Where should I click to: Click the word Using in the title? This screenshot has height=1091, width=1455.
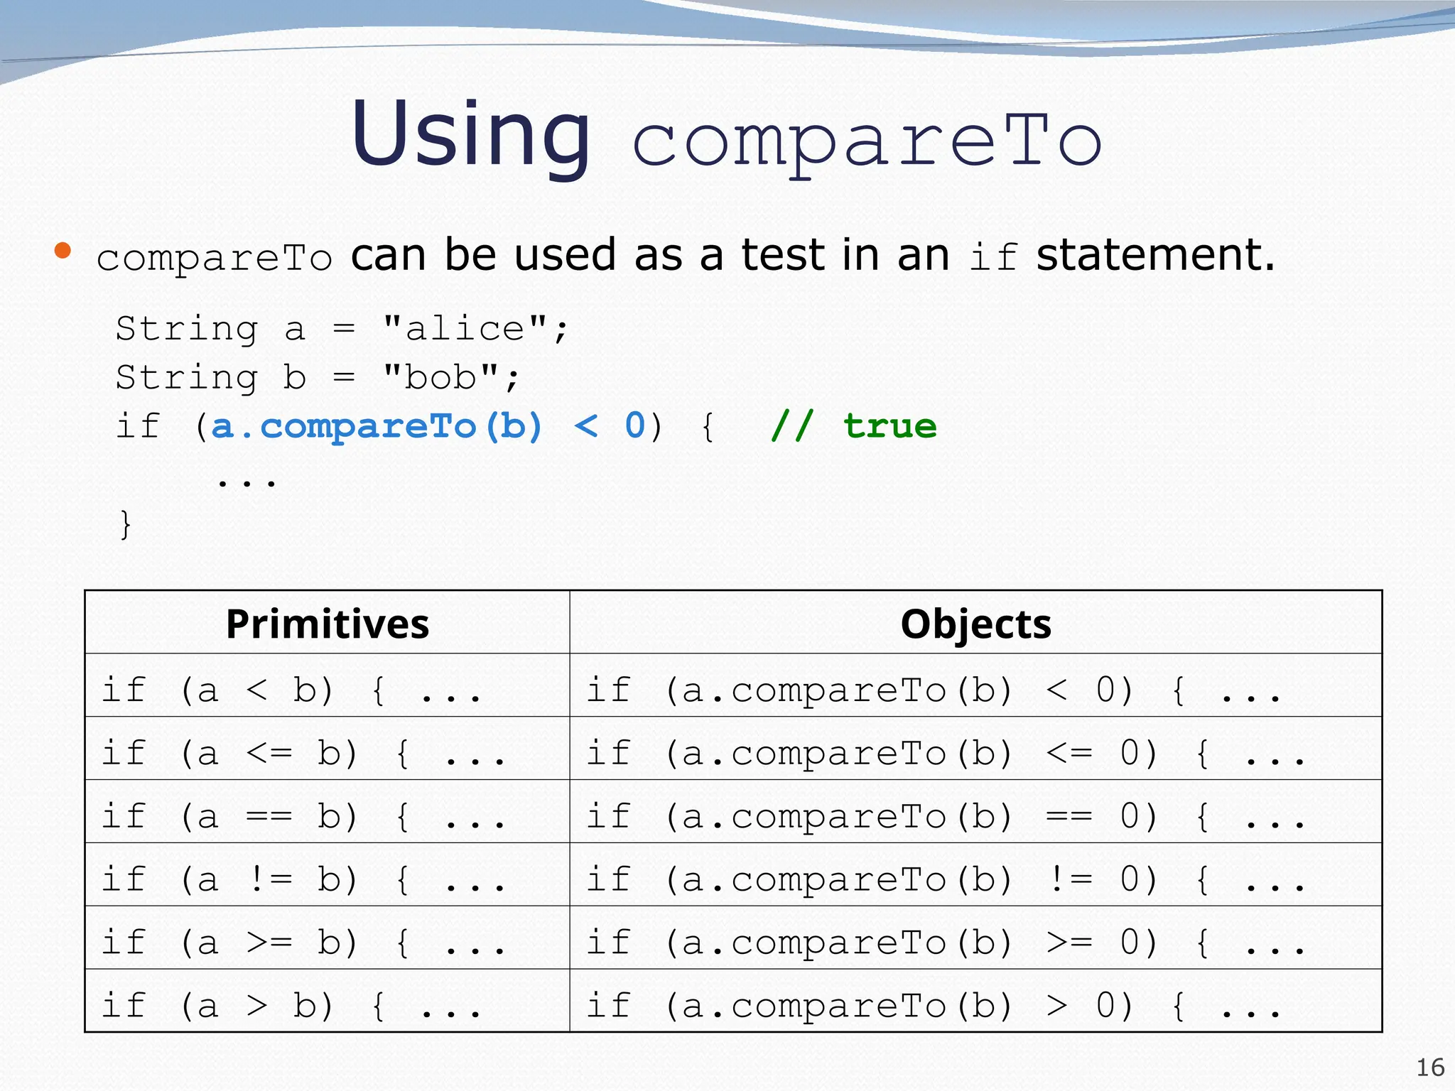[470, 135]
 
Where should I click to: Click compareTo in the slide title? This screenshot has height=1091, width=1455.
[867, 142]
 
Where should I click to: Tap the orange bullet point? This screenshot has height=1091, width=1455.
[63, 250]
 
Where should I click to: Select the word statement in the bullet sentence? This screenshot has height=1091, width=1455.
[1155, 256]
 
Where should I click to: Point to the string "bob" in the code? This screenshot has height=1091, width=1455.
[440, 377]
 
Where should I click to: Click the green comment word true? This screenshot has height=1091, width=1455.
[889, 426]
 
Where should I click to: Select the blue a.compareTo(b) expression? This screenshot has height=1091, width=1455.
[377, 426]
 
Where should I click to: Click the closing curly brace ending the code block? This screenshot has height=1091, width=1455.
[126, 525]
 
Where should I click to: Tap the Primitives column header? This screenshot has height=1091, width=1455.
[327, 624]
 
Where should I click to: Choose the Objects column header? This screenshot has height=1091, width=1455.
[975, 624]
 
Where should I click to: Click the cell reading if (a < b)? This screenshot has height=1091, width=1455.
[291, 690]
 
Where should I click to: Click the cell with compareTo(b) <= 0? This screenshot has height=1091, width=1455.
[945, 753]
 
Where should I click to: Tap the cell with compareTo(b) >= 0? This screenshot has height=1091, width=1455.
[945, 943]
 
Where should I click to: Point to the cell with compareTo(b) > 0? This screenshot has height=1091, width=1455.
[933, 1006]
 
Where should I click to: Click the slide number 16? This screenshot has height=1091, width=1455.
[1430, 1068]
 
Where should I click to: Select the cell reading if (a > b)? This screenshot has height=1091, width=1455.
[291, 1006]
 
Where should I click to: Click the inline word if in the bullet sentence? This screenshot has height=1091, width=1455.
[993, 257]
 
